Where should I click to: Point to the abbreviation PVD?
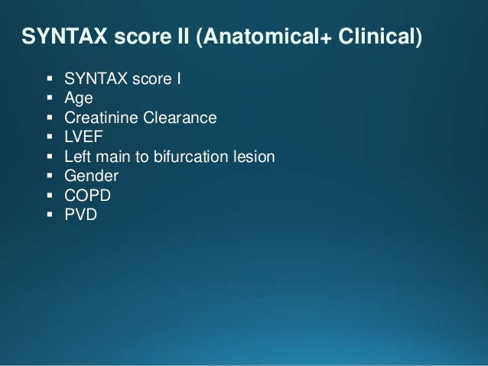point(82,216)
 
